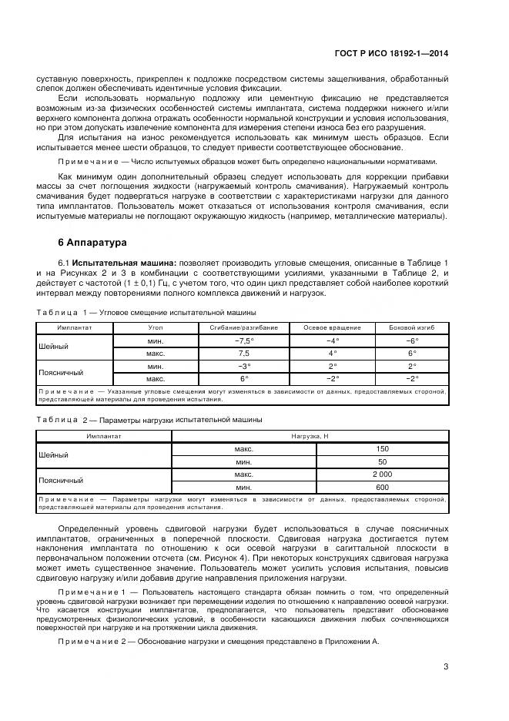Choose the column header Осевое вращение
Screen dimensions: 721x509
[331, 327]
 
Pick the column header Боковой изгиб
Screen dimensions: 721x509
[412, 327]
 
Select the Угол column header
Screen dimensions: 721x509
[155, 327]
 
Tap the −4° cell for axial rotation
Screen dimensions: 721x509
[331, 340]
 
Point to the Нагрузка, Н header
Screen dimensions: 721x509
[310, 435]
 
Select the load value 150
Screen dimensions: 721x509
[382, 448]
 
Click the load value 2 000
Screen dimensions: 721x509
[382, 475]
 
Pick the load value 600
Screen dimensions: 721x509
[382, 488]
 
